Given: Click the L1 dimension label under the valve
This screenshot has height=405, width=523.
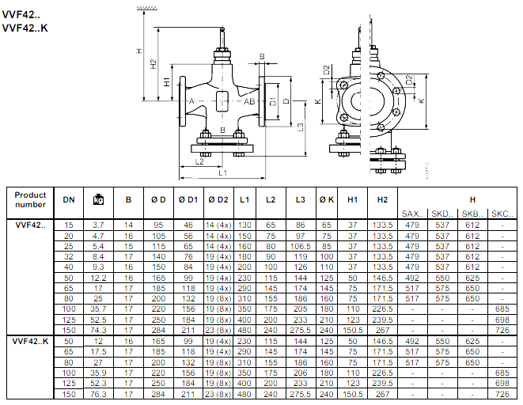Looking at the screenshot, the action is pyautogui.click(x=222, y=172).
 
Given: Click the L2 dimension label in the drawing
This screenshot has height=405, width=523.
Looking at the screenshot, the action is pyautogui.click(x=199, y=161).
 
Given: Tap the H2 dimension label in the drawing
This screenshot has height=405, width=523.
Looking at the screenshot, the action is pyautogui.click(x=153, y=64).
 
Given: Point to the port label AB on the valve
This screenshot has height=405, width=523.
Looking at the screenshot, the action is pyautogui.click(x=249, y=101).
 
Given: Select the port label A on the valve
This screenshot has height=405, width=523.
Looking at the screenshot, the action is pyautogui.click(x=191, y=101).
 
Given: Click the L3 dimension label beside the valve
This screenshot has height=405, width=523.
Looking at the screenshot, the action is pyautogui.click(x=301, y=127).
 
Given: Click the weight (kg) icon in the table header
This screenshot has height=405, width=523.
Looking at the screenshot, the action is pyautogui.click(x=98, y=199).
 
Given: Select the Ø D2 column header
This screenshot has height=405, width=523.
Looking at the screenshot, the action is pyautogui.click(x=218, y=199).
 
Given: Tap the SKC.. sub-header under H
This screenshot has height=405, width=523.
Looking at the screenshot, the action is pyautogui.click(x=502, y=214).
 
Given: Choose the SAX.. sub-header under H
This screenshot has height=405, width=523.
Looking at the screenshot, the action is pyautogui.click(x=412, y=214).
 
